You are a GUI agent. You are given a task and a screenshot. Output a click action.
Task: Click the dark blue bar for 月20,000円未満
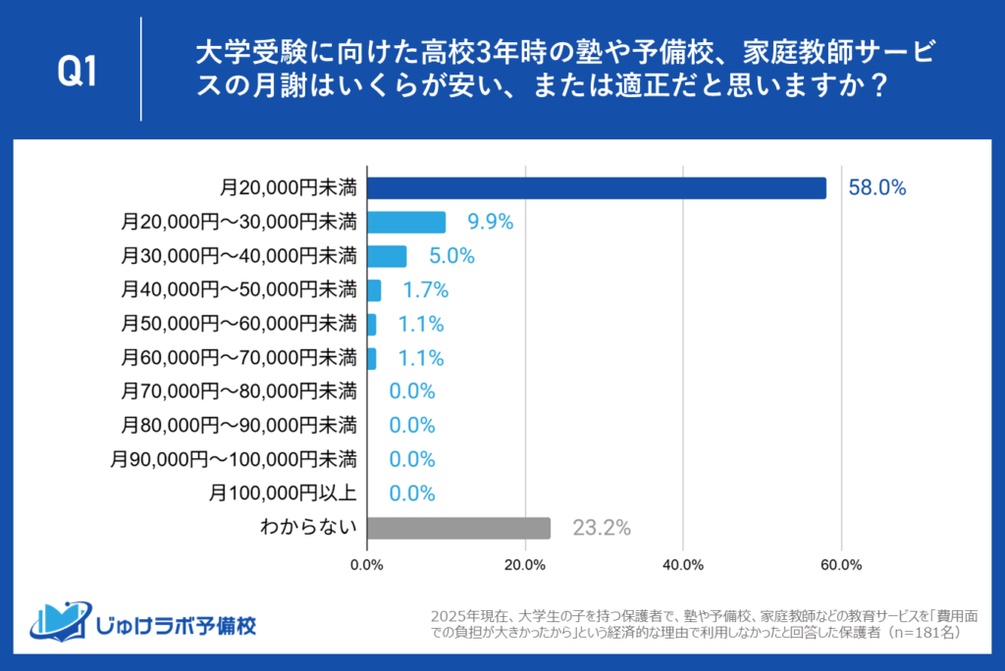(x=596, y=187)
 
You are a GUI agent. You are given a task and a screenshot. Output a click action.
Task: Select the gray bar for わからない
(x=457, y=528)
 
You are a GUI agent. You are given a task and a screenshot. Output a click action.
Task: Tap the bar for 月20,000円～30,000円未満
(x=405, y=222)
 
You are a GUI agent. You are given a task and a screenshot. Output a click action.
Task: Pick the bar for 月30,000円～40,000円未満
(x=386, y=256)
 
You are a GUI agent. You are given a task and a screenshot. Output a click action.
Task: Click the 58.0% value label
(x=876, y=187)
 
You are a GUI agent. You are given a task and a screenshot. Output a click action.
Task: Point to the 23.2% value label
(x=601, y=528)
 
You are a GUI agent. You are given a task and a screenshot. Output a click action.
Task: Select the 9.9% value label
(x=491, y=222)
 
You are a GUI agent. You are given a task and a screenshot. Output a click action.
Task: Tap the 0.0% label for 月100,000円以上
(x=411, y=493)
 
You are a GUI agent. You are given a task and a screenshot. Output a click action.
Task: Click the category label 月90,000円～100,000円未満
(x=234, y=459)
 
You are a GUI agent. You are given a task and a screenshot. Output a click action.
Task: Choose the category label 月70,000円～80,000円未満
(x=238, y=391)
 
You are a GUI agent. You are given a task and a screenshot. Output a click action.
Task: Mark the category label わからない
(x=307, y=528)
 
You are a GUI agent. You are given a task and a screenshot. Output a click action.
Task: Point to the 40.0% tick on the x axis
(x=682, y=565)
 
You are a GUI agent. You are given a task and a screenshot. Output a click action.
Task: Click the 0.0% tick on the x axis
(x=367, y=565)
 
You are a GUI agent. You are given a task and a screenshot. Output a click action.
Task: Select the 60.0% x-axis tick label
(x=840, y=565)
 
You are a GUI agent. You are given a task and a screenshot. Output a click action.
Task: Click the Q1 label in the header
(x=77, y=70)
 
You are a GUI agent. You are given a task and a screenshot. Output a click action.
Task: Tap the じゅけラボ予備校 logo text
(x=178, y=625)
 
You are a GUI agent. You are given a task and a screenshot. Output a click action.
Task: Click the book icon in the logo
(x=60, y=622)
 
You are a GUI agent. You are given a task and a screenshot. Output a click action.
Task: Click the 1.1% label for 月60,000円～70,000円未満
(x=420, y=358)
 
